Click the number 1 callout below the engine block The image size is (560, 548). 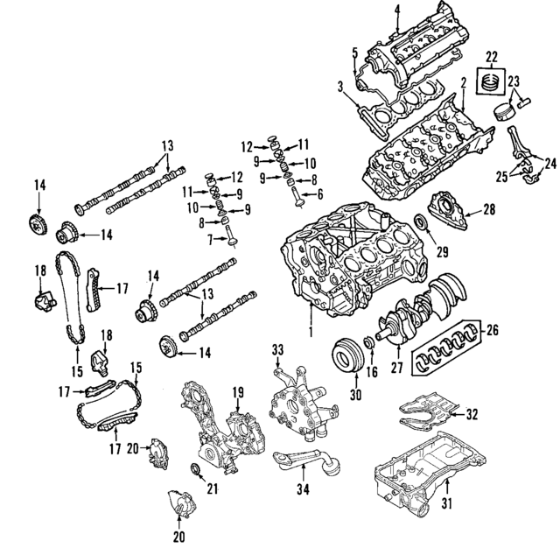click(309, 334)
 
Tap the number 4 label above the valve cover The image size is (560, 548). click(396, 10)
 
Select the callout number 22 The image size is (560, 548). click(492, 57)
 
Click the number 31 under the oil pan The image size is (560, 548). click(446, 503)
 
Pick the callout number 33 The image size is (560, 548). click(279, 350)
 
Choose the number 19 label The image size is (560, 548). click(236, 393)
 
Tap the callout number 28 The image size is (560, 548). click(488, 209)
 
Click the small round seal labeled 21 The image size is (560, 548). click(196, 474)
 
